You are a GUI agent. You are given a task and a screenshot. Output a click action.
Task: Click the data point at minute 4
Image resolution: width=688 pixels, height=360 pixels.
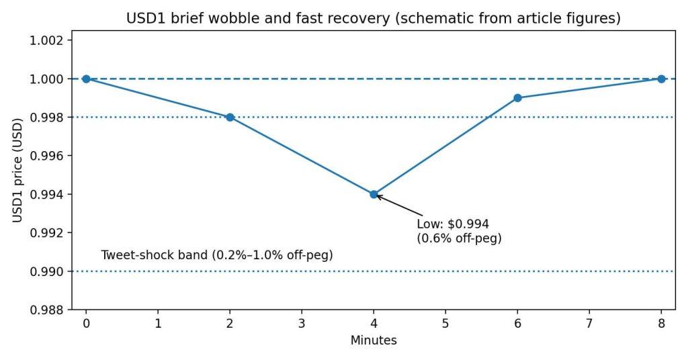click(374, 194)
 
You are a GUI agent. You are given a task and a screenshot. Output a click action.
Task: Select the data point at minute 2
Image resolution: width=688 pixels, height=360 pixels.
click(230, 117)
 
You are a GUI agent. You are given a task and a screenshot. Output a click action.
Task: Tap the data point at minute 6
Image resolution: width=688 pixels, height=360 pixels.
click(517, 98)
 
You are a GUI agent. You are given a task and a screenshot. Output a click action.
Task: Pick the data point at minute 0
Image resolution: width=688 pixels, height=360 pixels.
click(86, 79)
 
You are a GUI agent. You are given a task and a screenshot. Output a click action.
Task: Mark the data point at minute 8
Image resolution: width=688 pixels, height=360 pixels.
click(661, 79)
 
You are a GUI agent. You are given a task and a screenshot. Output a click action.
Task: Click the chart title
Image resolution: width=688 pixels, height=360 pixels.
click(373, 19)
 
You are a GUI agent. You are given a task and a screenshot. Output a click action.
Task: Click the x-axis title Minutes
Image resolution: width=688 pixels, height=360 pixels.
click(374, 341)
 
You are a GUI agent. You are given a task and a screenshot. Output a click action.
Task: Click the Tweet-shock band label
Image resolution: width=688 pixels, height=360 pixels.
click(217, 255)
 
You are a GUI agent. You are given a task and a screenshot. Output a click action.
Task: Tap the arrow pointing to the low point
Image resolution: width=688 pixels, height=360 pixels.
click(396, 206)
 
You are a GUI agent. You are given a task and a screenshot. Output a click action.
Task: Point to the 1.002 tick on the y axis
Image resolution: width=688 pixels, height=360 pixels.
click(48, 40)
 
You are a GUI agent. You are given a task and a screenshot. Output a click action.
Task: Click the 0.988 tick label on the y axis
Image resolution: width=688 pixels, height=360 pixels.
click(48, 310)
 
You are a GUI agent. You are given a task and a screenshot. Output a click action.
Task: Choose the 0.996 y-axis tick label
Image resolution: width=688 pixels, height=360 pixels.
click(48, 156)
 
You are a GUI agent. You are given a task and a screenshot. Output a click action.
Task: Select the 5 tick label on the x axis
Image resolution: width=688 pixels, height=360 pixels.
click(445, 324)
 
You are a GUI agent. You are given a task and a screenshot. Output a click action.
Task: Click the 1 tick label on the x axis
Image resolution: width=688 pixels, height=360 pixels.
click(158, 324)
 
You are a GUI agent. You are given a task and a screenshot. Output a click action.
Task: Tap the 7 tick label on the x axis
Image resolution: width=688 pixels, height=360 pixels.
click(589, 324)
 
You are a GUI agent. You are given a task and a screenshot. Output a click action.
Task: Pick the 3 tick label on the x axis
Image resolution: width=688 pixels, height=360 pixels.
click(302, 324)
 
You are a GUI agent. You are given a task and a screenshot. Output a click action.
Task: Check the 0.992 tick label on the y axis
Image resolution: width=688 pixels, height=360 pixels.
click(48, 233)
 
